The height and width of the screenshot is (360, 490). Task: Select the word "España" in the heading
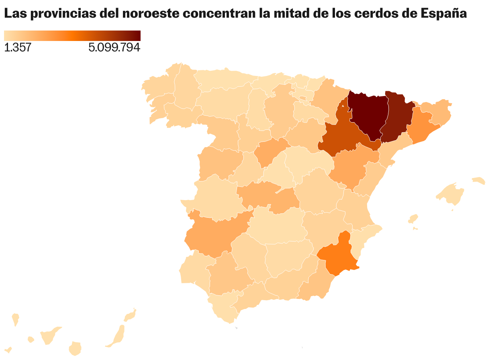click(444, 14)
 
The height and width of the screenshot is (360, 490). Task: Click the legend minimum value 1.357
click(18, 48)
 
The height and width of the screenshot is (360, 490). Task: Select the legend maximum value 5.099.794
click(114, 48)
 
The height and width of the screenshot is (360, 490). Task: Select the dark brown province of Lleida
click(398, 117)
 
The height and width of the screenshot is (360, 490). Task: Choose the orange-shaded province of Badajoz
click(213, 235)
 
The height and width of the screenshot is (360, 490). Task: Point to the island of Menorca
click(479, 181)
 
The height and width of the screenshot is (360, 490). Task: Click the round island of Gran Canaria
click(75, 348)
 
